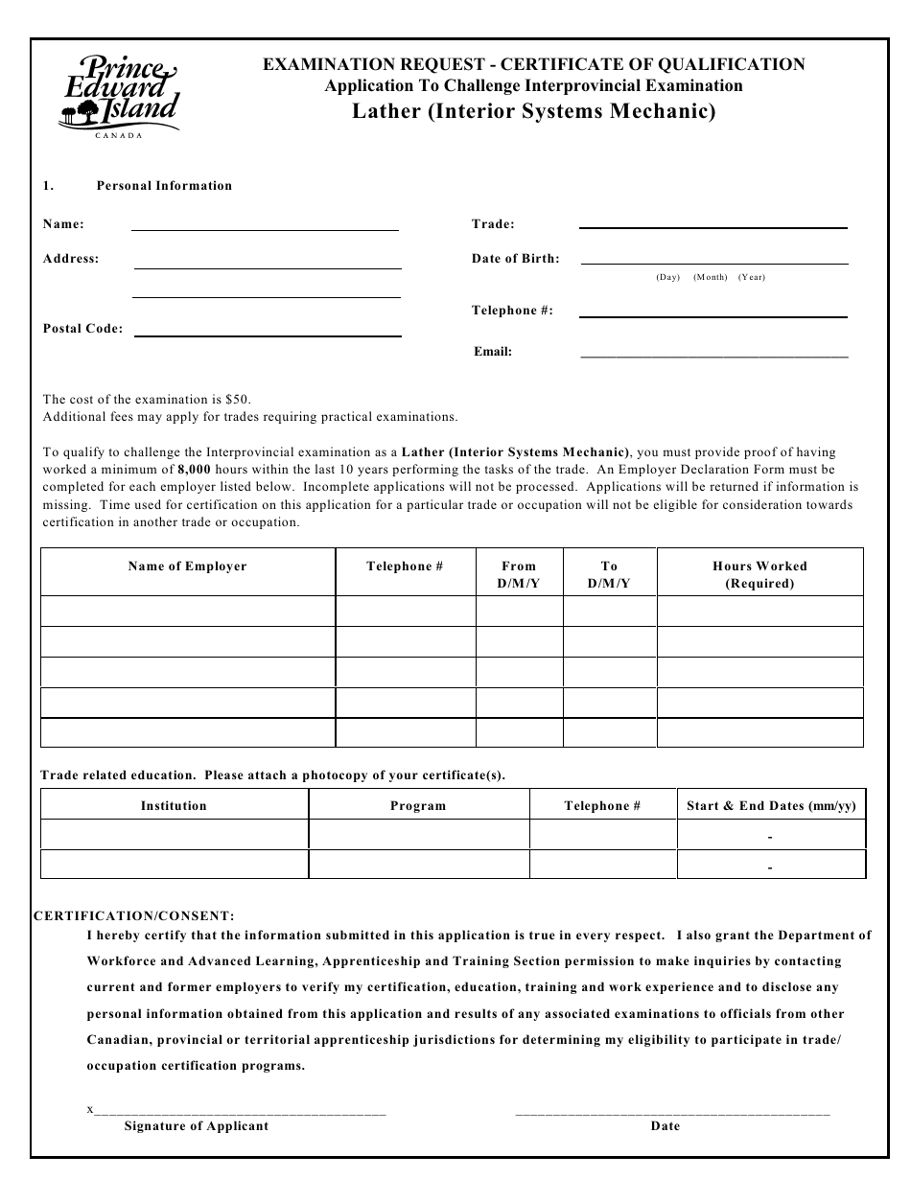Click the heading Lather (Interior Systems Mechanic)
(x=534, y=111)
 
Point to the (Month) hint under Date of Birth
(x=710, y=277)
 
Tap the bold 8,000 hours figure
(x=194, y=470)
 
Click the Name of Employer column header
(x=187, y=566)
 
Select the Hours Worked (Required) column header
(x=759, y=574)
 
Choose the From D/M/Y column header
(x=519, y=574)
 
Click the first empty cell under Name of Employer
(x=187, y=611)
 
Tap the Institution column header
(x=174, y=806)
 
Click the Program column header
(x=418, y=806)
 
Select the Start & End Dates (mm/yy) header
(x=771, y=806)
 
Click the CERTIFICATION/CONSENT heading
(x=134, y=916)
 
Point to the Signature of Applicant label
(x=197, y=1126)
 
